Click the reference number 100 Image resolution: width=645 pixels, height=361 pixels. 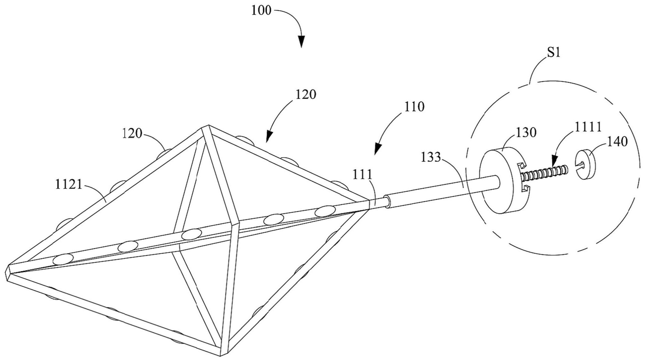[261, 11]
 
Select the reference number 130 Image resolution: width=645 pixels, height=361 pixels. [526, 132]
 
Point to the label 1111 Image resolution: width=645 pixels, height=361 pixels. [588, 127]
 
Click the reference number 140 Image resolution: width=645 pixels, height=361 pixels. [617, 141]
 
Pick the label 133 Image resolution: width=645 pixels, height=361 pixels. [431, 157]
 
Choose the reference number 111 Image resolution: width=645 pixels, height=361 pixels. [362, 175]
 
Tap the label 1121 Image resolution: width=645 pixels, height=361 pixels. [68, 185]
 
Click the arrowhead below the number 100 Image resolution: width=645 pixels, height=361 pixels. [301, 42]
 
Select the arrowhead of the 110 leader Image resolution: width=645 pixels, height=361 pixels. [378, 148]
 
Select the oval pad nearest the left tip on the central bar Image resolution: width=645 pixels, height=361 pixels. [63, 259]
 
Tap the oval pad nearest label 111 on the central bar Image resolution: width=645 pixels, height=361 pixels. [325, 212]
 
